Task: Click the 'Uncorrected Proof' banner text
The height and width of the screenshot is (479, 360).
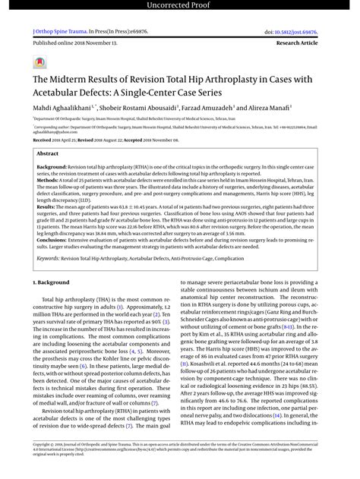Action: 180,7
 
